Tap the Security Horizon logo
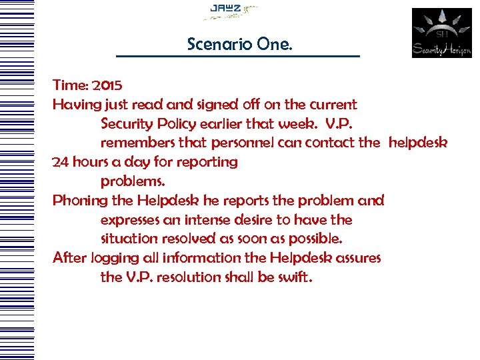pos(441,33)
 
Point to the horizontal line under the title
pos(237,56)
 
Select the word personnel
pos(241,143)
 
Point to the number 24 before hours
pos(61,162)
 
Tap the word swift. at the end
pos(293,277)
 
